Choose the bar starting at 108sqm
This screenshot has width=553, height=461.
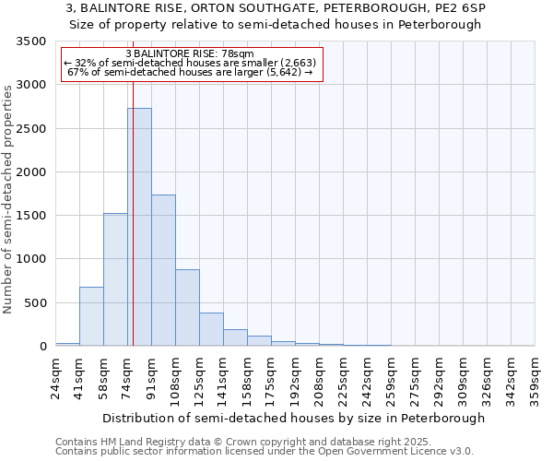[187, 307]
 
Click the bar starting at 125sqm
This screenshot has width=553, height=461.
[211, 329]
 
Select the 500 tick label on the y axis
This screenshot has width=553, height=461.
[36, 303]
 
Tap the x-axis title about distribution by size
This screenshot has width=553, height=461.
[293, 419]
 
